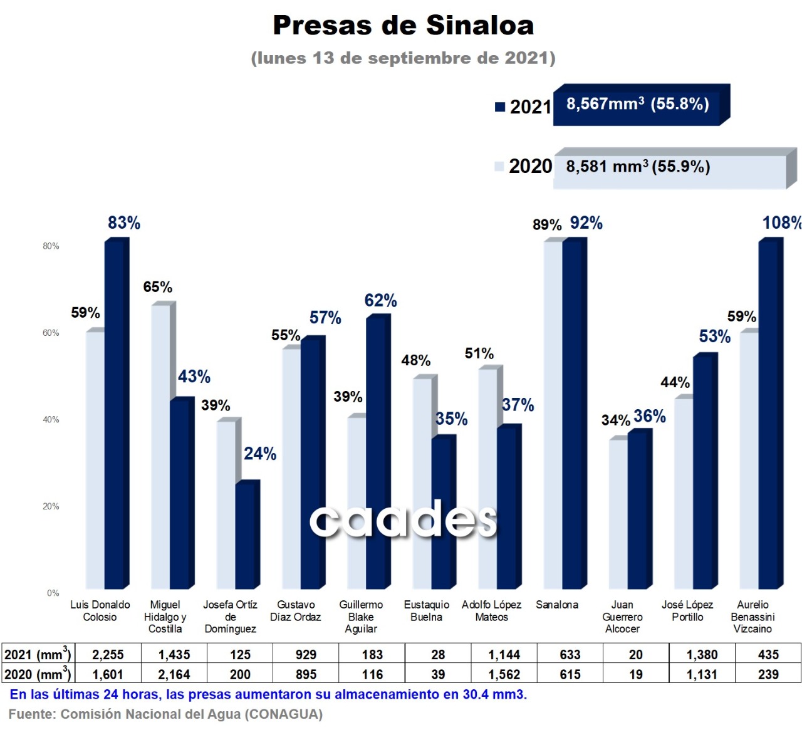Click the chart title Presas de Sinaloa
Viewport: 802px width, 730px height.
[x=403, y=26]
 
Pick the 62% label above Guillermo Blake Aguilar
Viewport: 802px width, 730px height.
[x=380, y=301]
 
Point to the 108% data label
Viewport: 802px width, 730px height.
[x=781, y=223]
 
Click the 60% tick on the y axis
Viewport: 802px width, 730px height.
[x=51, y=333]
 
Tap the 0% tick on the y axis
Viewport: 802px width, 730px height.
[x=53, y=593]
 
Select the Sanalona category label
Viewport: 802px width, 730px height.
[x=557, y=605]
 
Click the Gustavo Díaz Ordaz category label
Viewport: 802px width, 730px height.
[x=296, y=611]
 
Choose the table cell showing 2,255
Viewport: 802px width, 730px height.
[x=108, y=655]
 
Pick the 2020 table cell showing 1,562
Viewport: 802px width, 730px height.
[x=504, y=675]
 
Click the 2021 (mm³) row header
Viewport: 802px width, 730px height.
[x=38, y=655]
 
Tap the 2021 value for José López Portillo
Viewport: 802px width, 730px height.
[x=702, y=655]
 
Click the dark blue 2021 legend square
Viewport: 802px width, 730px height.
[x=500, y=107]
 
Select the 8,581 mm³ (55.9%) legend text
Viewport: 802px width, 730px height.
[x=638, y=167]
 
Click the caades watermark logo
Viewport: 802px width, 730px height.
[x=404, y=519]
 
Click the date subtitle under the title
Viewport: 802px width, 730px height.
[x=403, y=58]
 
